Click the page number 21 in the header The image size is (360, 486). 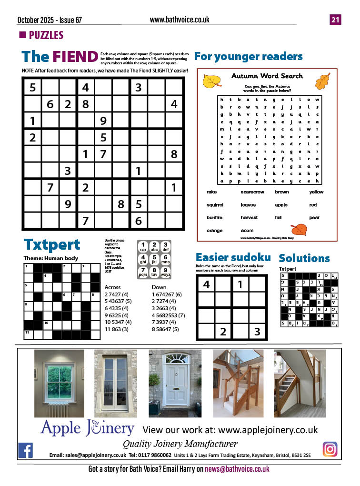335,20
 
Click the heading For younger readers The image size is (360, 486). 248,57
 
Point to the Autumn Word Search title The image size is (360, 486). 267,76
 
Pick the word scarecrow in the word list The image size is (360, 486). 252,192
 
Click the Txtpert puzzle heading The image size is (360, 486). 52,245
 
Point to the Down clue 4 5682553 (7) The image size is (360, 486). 169,314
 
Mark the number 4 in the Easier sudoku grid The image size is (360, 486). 207,285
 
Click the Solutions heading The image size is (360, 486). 304,258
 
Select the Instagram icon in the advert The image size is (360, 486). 330,449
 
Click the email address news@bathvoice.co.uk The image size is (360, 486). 237,469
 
